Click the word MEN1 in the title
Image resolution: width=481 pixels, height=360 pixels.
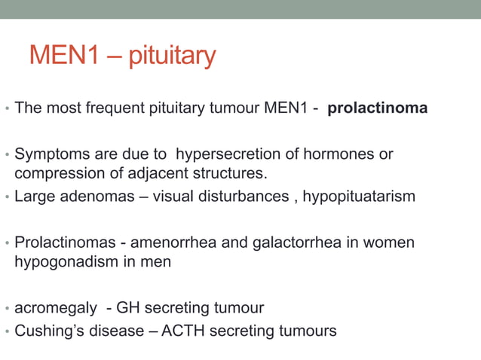tap(60, 55)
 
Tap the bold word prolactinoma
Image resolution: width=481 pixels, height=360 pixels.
tap(378, 108)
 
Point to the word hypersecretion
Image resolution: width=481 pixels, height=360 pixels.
tap(225, 154)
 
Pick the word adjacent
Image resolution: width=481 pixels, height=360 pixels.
tap(148, 175)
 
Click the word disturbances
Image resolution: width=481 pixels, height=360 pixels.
tap(246, 197)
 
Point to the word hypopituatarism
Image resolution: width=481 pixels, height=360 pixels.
tap(359, 197)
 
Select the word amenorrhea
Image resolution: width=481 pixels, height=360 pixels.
tap(173, 243)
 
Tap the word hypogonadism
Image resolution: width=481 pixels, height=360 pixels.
tap(63, 262)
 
